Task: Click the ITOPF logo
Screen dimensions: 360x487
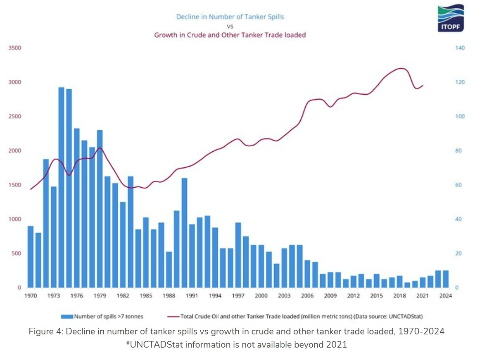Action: coord(451,19)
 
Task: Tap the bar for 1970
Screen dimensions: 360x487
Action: coord(31,257)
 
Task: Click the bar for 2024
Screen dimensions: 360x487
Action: coord(446,279)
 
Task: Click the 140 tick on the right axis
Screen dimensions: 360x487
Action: coord(460,48)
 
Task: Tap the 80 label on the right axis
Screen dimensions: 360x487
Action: coord(459,150)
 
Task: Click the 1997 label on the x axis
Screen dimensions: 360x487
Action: coord(238,296)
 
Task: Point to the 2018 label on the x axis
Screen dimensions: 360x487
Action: coord(399,296)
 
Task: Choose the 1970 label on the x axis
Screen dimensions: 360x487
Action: coord(31,296)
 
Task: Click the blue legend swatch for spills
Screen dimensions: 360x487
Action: coord(67,317)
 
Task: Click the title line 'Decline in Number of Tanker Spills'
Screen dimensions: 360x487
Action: coord(230,17)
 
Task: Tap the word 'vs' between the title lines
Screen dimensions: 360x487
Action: coord(230,26)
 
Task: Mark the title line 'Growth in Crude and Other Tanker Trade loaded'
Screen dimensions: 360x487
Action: coord(230,35)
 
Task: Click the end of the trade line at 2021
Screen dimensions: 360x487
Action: coord(423,86)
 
